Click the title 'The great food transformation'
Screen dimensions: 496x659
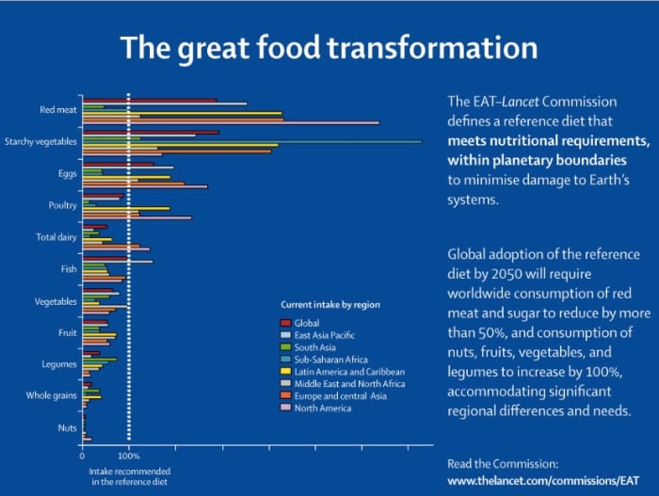pyautogui.click(x=329, y=48)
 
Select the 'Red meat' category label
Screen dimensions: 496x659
pyautogui.click(x=57, y=109)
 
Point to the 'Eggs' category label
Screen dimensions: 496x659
pyautogui.click(x=67, y=173)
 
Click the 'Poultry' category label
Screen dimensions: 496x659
pyautogui.click(x=62, y=205)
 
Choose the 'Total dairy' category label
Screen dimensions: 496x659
pyautogui.click(x=56, y=237)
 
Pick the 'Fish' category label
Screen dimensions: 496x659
pyautogui.click(x=69, y=269)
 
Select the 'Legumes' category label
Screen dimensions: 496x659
pyautogui.click(x=60, y=364)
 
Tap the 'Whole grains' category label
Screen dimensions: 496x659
pyautogui.click(x=52, y=396)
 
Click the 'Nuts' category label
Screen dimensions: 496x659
pyautogui.click(x=67, y=428)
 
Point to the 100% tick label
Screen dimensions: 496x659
pyautogui.click(x=128, y=456)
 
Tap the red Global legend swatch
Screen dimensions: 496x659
pyautogui.click(x=286, y=323)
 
